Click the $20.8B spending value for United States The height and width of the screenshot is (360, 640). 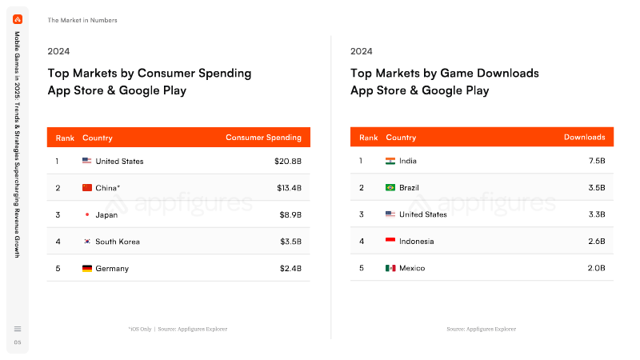pos(288,162)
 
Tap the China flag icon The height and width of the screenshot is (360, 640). pos(87,188)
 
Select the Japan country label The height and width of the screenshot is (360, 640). pos(106,215)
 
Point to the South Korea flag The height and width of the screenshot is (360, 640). pos(87,242)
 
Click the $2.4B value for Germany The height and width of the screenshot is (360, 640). pos(290,269)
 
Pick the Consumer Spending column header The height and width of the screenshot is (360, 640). pos(264,138)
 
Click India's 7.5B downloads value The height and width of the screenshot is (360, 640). pos(597,161)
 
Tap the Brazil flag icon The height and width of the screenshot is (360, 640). pos(390,187)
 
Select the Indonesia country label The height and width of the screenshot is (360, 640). pos(416,242)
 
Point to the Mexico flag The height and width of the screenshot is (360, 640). pos(390,268)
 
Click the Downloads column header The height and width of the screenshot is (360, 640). pos(585,137)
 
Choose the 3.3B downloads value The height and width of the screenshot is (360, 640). pos(597,214)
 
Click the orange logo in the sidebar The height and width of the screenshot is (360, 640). pos(18,19)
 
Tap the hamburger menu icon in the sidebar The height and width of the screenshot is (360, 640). pos(18,329)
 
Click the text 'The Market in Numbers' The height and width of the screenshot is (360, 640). pos(82,20)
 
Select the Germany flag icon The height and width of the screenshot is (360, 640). pos(87,268)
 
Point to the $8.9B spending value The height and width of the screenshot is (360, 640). pos(290,214)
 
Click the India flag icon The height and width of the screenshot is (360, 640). pos(390,161)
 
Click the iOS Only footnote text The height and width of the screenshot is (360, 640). pos(140,329)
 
